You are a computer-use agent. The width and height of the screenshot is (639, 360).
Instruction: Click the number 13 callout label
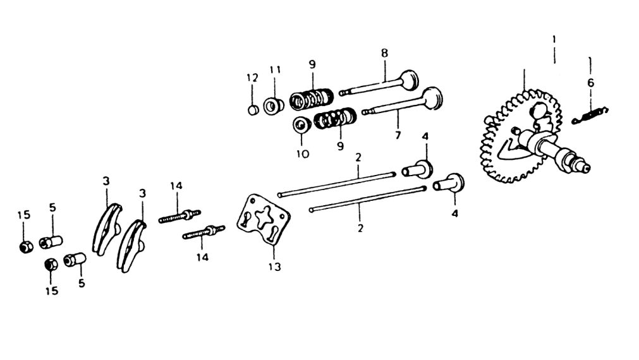pyautogui.click(x=275, y=267)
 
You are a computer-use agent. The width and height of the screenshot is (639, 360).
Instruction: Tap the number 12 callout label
pyautogui.click(x=252, y=78)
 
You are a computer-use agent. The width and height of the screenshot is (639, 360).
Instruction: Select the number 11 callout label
pyautogui.click(x=275, y=69)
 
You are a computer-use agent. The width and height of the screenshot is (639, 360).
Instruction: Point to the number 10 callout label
pyautogui.click(x=303, y=154)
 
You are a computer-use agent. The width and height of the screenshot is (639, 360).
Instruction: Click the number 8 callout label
pyautogui.click(x=385, y=53)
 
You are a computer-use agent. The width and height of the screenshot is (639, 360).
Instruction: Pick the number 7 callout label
pyautogui.click(x=398, y=135)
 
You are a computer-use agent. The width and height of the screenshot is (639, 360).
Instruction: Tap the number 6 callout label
pyautogui.click(x=590, y=83)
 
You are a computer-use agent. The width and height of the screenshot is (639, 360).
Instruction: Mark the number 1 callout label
pyautogui.click(x=554, y=40)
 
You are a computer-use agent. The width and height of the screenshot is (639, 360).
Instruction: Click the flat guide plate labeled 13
pyautogui.click(x=264, y=220)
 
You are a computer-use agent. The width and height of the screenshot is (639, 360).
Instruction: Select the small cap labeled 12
pyautogui.click(x=253, y=110)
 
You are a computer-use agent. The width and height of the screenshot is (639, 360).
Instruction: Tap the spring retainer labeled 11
pyautogui.click(x=274, y=106)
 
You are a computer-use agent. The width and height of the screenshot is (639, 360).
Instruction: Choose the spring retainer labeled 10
pyautogui.click(x=302, y=124)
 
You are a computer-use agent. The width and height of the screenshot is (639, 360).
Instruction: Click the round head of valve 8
pyautogui.click(x=409, y=80)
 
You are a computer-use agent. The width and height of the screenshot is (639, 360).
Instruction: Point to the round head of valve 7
pyautogui.click(x=432, y=98)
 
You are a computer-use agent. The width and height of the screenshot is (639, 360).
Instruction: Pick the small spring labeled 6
pyautogui.click(x=590, y=115)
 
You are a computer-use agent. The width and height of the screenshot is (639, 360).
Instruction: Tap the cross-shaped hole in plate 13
pyautogui.click(x=264, y=216)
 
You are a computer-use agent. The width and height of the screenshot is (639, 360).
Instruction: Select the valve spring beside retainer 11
pyautogui.click(x=312, y=99)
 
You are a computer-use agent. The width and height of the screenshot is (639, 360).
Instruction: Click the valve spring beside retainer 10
pyautogui.click(x=336, y=118)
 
